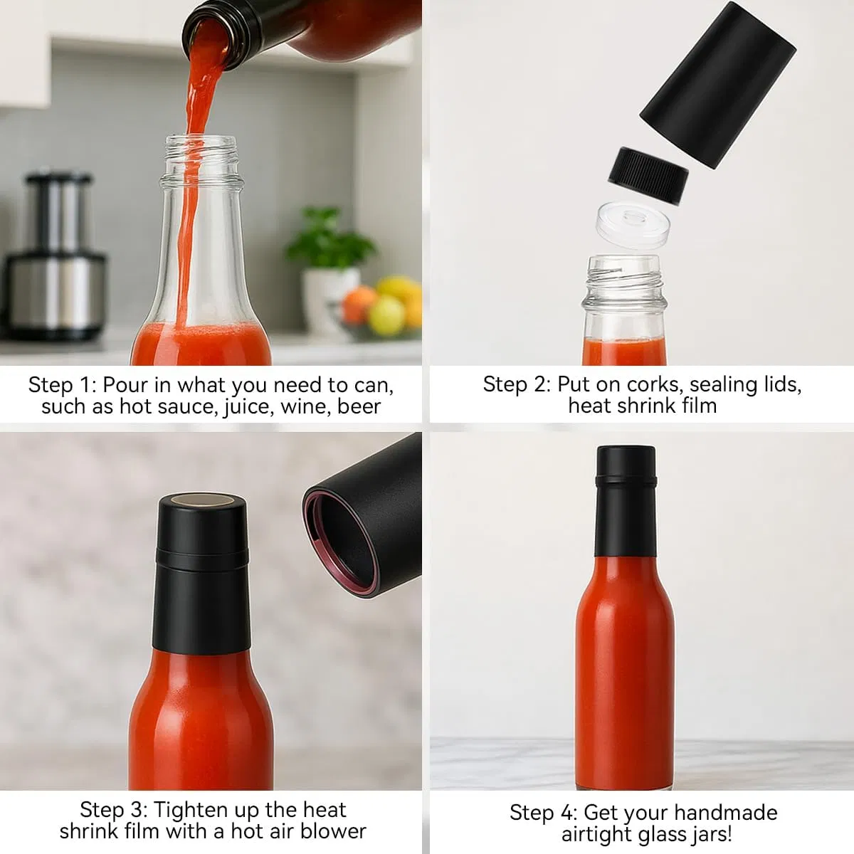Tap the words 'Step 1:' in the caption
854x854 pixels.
pyautogui.click(x=61, y=385)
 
